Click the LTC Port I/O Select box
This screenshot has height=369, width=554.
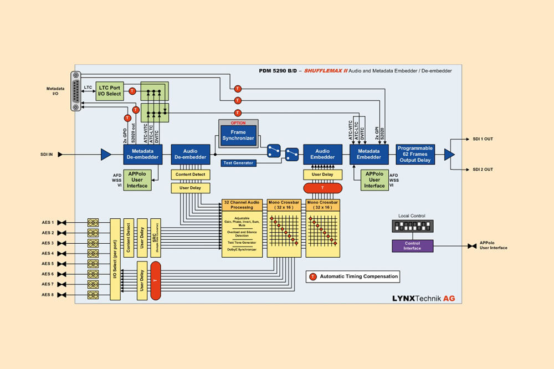click(110, 90)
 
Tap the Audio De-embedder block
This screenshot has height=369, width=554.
click(190, 154)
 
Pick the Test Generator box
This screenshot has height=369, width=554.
click(238, 163)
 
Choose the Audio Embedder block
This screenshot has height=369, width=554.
click(322, 154)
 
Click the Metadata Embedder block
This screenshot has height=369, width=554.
click(369, 154)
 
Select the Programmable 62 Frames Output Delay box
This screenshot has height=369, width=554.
click(416, 154)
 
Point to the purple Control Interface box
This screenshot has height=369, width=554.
click(412, 246)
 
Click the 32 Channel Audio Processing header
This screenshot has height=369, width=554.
click(242, 204)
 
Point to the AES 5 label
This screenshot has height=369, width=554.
click(48, 264)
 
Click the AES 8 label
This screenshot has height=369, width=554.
click(48, 294)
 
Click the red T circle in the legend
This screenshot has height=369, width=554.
click(313, 276)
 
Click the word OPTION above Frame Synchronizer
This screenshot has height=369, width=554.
click(238, 122)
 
